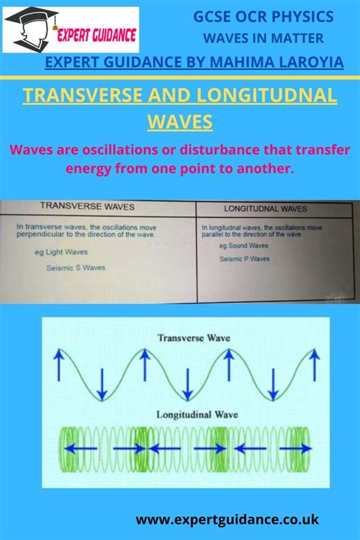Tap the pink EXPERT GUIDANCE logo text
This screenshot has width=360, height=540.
coord(96,35)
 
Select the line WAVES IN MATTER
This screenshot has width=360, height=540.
coord(264,38)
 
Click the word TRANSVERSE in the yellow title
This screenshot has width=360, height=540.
coord(83,95)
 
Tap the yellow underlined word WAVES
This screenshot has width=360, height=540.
coord(180,122)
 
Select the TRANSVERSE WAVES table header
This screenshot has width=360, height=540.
coord(87,207)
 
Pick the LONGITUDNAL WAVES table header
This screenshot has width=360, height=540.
coord(265,209)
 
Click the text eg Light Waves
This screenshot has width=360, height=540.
coord(61,252)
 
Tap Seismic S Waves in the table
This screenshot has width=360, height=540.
coord(76,267)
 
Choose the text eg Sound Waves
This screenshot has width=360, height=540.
coord(244,245)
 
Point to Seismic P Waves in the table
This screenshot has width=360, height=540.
coord(245,259)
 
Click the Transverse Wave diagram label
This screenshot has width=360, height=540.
coord(194,338)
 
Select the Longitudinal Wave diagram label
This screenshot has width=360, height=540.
coord(197,414)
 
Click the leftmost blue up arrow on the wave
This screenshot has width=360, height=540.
coord(59,365)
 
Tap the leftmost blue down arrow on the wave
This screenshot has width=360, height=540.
coord(102,384)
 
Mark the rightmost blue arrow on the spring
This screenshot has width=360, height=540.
coord(295,448)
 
